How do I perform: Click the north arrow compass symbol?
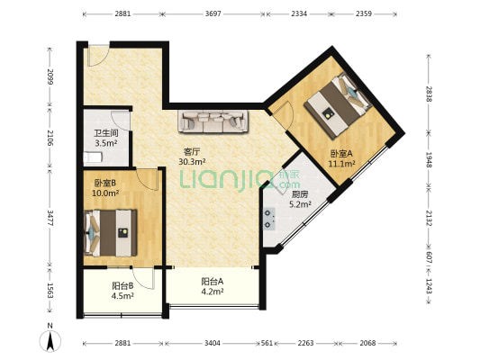pos(50,340)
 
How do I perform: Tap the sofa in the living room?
pos(213,121)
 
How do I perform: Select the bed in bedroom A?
pos(338,106)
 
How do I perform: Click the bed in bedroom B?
pos(110,233)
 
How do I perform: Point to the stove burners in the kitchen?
pos(269,219)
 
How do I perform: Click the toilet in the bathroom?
pos(92,157)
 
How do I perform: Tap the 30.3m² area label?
pos(192,161)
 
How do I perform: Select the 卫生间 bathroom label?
pos(106,133)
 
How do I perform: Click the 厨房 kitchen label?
pos(300,194)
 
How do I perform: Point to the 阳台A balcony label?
pos(213,282)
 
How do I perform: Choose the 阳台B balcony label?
pos(122,286)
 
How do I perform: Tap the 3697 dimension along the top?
pos(213,13)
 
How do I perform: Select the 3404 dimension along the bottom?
pos(213,343)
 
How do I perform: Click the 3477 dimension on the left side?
pos(50,218)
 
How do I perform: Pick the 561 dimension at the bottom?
pos(267,343)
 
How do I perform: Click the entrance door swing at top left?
pos(98,56)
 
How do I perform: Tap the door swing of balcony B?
pos(144,279)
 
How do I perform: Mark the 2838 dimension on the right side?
pos(429,94)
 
